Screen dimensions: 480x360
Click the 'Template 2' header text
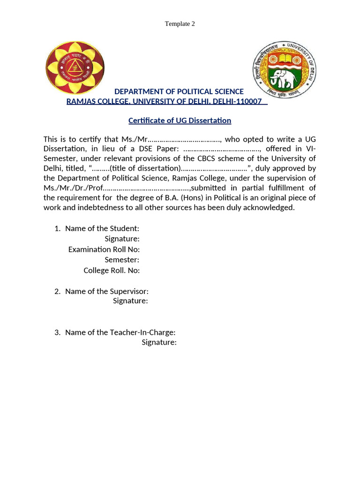pyautogui.click(x=180, y=24)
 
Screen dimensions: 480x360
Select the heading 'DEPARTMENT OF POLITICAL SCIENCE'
pyautogui.click(x=179, y=91)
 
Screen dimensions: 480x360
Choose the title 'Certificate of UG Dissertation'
pyautogui.click(x=180, y=120)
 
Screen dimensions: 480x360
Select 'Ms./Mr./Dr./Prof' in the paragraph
pyautogui.click(x=72, y=188)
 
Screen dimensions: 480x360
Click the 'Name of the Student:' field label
pyautogui.click(x=102, y=228)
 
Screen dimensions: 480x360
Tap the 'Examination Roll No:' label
pyautogui.click(x=104, y=249)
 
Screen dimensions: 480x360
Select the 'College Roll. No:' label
pyautogui.click(x=112, y=270)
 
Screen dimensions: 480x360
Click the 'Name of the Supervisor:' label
pyautogui.click(x=106, y=291)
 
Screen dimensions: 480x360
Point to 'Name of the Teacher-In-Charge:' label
pyautogui.click(x=120, y=332)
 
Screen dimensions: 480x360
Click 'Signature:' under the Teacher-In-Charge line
pyautogui.click(x=159, y=342)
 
